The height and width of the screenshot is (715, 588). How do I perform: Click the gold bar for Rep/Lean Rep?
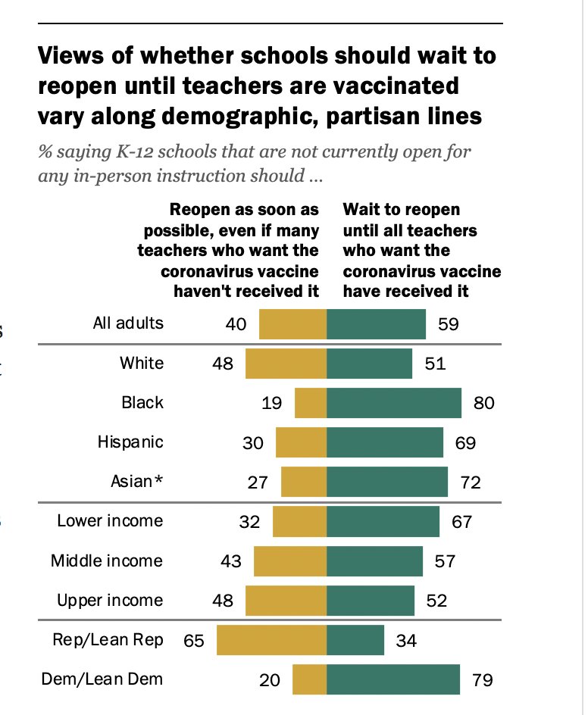pos(271,640)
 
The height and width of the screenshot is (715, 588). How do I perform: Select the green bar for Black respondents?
pos(394,403)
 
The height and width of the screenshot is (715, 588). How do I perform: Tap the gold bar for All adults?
pos(292,324)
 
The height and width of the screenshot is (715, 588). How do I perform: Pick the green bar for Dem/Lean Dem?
pos(393,679)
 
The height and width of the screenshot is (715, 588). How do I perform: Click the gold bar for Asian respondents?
pos(304,482)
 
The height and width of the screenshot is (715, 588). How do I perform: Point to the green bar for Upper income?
pos(371,601)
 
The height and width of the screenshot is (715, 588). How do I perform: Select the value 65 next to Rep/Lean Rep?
pos(194,641)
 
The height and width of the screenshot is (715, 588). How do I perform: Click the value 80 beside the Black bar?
pos(484,403)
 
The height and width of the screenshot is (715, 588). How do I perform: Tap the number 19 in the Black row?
pos(271,403)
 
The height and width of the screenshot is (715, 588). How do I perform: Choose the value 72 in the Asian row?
pos(471,482)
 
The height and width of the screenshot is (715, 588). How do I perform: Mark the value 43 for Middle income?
pos(231,561)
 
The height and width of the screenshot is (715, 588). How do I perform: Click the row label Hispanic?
pos(130,442)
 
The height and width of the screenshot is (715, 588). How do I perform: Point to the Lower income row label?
pos(110,521)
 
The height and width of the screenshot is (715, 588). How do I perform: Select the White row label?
pos(142,363)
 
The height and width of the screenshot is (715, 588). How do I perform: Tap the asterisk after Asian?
pos(158,479)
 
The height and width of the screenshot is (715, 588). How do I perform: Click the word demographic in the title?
pos(240,117)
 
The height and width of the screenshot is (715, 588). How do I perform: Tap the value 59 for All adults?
pos(449,324)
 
